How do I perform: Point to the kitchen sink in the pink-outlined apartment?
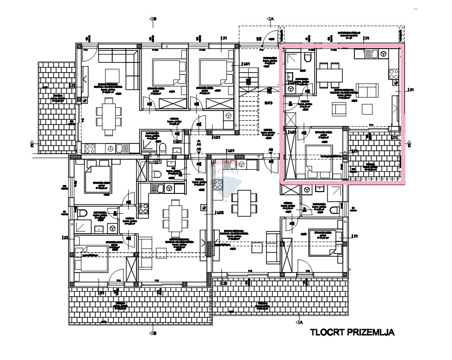click(372, 54)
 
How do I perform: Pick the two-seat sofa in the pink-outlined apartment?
click(367, 91)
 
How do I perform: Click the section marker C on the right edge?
click(409, 144)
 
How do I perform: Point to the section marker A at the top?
click(271, 19)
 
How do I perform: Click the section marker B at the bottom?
click(153, 333)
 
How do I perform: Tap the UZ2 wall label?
click(220, 213)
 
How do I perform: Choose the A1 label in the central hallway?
click(198, 144)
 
